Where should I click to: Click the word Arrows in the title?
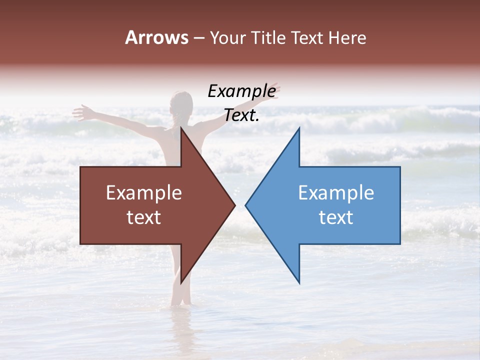[x=156, y=38]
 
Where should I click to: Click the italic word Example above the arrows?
[x=241, y=91]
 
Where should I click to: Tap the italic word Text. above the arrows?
[x=241, y=115]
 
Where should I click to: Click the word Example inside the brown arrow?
[x=144, y=193]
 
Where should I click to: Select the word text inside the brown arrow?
[x=144, y=217]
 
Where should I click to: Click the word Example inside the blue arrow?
[x=336, y=193]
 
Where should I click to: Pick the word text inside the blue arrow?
[x=336, y=217]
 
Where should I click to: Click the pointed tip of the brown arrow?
[x=235, y=205]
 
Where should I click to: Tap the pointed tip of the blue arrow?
[x=245, y=205]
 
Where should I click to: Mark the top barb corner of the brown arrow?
[x=181, y=128]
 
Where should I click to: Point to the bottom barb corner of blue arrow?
[x=299, y=283]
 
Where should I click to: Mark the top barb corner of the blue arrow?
[x=299, y=128]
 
